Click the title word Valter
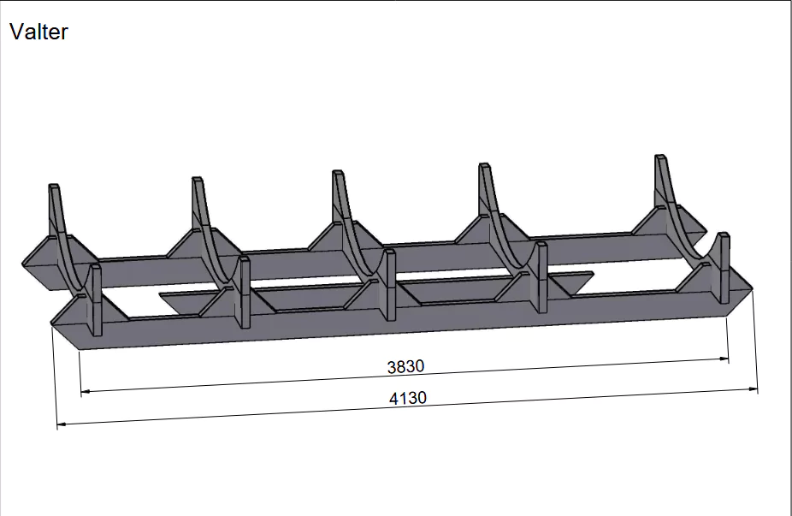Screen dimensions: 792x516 (x=38, y=32)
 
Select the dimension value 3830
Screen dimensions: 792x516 (x=405, y=366)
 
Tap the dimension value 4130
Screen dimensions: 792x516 (x=408, y=398)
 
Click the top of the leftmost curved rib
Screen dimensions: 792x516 (x=54, y=186)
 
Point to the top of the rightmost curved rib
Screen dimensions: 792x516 (x=660, y=157)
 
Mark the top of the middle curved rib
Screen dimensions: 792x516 (x=338, y=172)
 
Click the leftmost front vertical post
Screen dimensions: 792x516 (x=95, y=300)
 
